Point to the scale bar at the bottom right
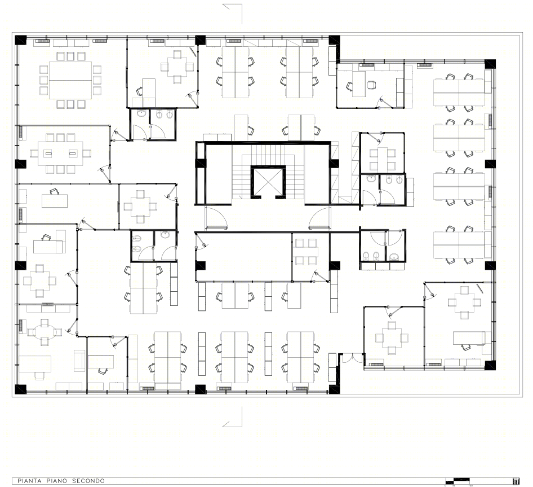(458, 481)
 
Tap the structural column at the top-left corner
(20, 40)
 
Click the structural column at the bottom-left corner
(20, 389)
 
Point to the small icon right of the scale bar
(516, 481)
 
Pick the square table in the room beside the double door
(392, 337)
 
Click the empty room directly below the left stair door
(242, 257)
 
